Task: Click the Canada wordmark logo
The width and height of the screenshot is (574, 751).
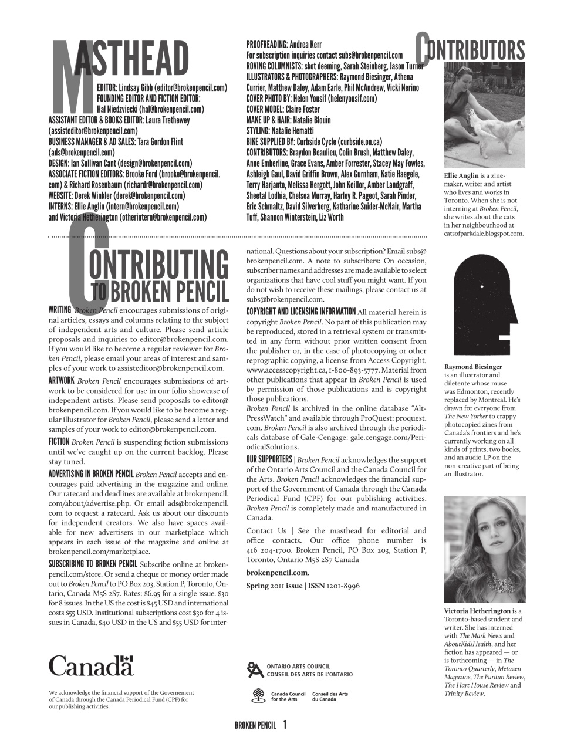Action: click(x=91, y=666)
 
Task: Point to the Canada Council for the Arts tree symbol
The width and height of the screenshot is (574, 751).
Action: click(x=258, y=696)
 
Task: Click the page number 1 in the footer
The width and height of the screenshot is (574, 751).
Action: click(x=285, y=725)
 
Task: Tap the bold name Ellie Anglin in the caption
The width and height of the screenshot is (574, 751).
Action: click(x=461, y=176)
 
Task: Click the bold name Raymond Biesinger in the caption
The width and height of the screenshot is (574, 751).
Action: click(x=473, y=367)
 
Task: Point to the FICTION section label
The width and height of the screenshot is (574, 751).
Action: click(x=59, y=442)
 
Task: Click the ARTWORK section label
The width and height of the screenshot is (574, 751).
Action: click(x=61, y=380)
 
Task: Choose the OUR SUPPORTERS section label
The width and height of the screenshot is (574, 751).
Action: click(x=269, y=459)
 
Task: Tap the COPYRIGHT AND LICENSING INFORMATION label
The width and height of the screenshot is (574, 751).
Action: click(x=300, y=312)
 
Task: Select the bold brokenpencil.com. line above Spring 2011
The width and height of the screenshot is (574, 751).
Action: click(x=278, y=573)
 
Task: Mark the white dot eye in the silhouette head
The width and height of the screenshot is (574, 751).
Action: click(x=481, y=287)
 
